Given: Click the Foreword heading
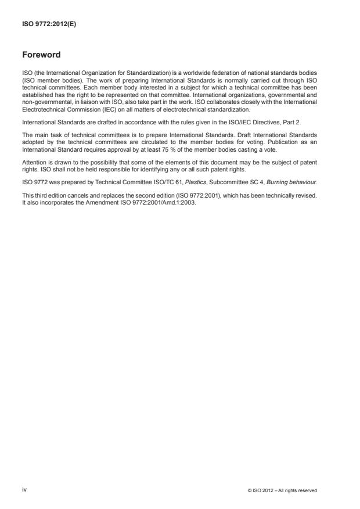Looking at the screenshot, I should tap(41, 56).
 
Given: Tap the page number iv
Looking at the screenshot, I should tap(24, 490).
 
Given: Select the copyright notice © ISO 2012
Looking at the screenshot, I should tap(281, 490).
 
